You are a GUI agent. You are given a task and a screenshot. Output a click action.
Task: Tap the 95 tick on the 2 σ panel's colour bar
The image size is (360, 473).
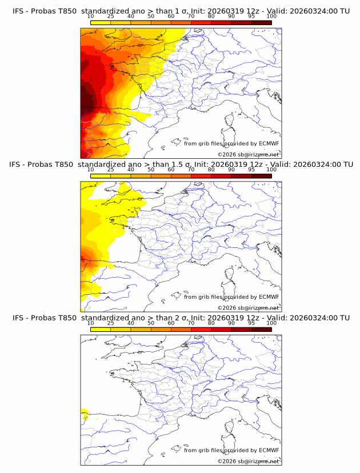(x=251, y=323)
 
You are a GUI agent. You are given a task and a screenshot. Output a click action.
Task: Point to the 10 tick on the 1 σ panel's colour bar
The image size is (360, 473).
(x=91, y=16)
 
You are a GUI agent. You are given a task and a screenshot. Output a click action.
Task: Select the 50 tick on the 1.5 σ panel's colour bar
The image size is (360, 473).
(x=151, y=170)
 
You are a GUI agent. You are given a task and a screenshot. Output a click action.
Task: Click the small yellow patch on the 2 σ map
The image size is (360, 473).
(x=84, y=413)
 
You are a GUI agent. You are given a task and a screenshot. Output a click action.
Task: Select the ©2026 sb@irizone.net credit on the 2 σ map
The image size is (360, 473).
(x=249, y=462)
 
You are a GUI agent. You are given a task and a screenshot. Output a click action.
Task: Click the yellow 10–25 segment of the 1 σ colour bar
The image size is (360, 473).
(x=101, y=22)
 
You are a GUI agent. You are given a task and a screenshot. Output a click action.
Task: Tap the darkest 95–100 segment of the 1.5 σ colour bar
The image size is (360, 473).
(x=262, y=176)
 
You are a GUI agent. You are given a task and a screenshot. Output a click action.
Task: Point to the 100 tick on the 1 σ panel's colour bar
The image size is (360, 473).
(x=271, y=16)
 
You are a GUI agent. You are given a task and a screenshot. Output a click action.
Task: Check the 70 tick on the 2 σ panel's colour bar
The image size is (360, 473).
(x=191, y=323)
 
